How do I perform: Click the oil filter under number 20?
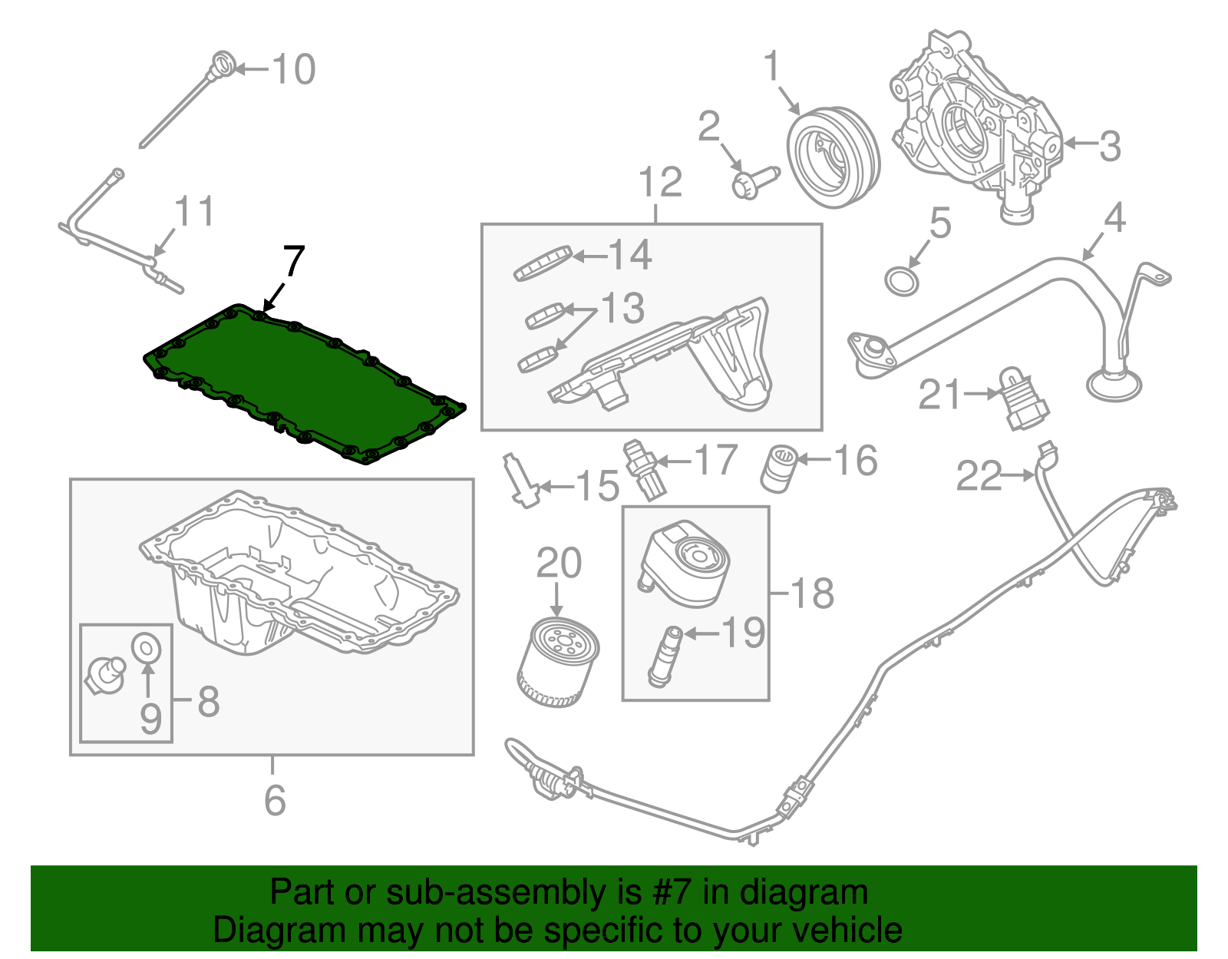click(558, 662)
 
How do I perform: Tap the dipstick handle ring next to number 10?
click(223, 62)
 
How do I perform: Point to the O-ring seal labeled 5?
click(902, 281)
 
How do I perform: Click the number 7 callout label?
click(293, 261)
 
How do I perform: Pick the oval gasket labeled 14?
click(543, 263)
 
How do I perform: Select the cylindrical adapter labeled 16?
click(778, 468)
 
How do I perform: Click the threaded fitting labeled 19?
click(665, 656)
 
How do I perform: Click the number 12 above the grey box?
click(660, 183)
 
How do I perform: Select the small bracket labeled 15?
click(520, 481)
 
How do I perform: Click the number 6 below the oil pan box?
click(275, 800)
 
